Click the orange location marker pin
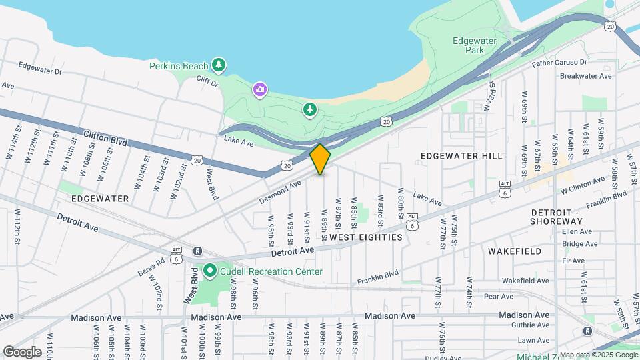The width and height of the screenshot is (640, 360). (x=321, y=159)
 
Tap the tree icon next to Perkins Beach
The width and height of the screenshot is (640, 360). (x=218, y=65)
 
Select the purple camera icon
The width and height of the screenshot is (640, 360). (x=259, y=89)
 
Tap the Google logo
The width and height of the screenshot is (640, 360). (x=22, y=351)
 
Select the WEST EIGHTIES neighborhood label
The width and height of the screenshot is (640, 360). (x=366, y=237)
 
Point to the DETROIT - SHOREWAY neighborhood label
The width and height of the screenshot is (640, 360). (x=557, y=216)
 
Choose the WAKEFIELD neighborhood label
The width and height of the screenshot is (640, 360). (x=514, y=251)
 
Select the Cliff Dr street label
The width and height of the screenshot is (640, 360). (x=207, y=82)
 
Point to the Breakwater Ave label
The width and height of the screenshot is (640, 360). (x=585, y=76)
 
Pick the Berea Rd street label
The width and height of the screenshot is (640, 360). (x=151, y=267)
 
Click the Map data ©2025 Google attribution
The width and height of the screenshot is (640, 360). (x=599, y=355)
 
